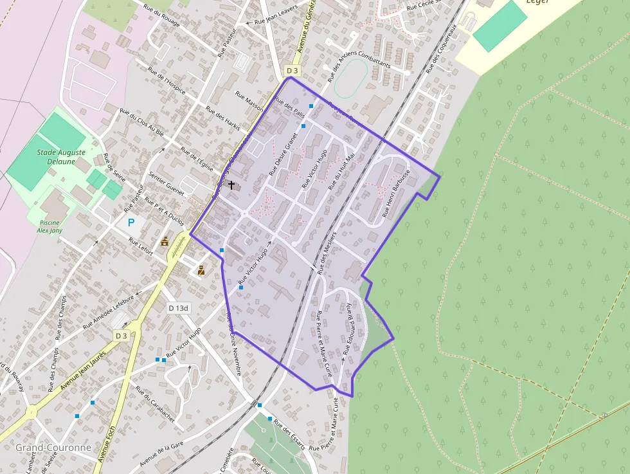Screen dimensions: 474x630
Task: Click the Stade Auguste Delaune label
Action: (61, 157)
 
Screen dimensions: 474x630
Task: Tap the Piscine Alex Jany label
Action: (48, 226)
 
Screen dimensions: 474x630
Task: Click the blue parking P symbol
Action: (131, 223)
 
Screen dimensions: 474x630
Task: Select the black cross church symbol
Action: (231, 185)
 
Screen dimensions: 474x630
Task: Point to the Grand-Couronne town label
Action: (44, 447)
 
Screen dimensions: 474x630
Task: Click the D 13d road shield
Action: (179, 308)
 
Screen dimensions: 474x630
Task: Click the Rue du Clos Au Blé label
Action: (142, 123)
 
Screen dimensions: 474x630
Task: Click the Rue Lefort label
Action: (141, 247)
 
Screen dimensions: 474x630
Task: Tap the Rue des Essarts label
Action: (290, 433)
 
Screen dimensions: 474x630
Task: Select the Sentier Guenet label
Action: (166, 184)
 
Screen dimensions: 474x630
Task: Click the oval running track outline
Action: (351, 78)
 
